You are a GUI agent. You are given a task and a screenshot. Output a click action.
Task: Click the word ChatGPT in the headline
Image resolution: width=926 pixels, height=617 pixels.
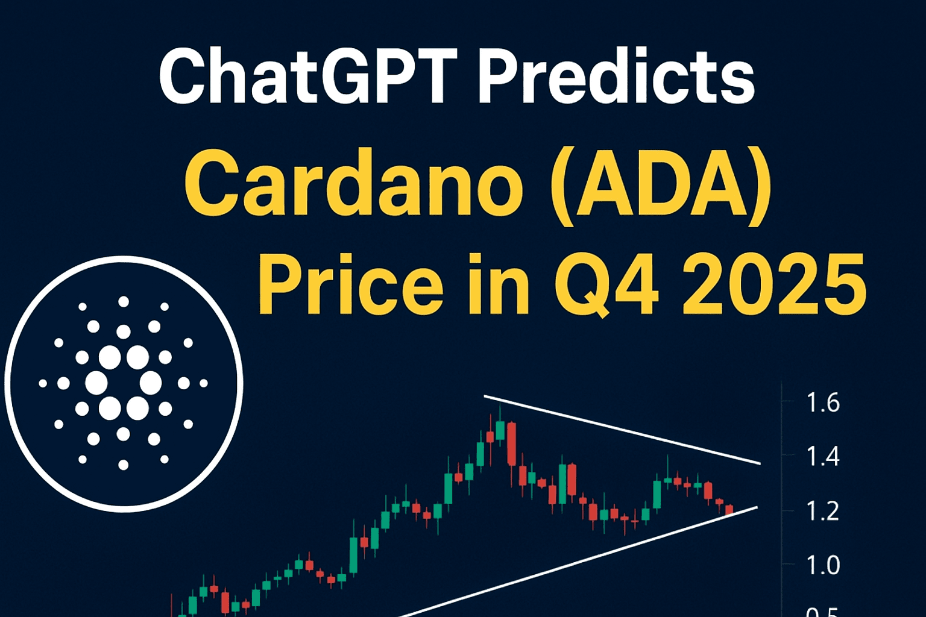(x=306, y=76)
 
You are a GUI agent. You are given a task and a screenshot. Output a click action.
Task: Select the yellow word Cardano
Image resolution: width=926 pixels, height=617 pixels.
(x=354, y=185)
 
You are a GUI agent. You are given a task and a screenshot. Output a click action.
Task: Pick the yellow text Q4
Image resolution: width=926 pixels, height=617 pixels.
(x=606, y=285)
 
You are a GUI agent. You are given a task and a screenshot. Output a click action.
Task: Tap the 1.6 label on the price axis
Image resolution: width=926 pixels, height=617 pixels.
(x=823, y=402)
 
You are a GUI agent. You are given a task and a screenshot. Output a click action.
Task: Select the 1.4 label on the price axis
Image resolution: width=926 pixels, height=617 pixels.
(x=823, y=457)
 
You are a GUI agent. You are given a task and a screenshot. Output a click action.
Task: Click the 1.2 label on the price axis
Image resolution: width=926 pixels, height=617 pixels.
(x=823, y=511)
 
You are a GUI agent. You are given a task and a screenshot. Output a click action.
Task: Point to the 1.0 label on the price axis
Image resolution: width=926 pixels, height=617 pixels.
(x=823, y=565)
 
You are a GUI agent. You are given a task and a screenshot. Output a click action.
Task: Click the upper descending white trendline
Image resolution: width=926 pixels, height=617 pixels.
(x=622, y=430)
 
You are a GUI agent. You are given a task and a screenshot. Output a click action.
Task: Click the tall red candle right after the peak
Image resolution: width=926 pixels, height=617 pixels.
(x=511, y=444)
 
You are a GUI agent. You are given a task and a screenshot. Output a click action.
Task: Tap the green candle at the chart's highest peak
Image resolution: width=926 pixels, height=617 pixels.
(x=500, y=430)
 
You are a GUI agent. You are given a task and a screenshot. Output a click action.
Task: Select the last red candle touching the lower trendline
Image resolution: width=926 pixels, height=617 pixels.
(x=729, y=510)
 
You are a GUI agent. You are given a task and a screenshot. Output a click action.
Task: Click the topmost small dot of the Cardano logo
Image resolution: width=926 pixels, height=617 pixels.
(x=123, y=302)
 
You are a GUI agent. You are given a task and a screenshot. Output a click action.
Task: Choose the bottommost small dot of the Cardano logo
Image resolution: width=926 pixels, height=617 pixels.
(x=123, y=465)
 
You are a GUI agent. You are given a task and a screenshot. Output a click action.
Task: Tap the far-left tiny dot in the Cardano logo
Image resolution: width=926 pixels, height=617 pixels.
(x=43, y=383)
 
